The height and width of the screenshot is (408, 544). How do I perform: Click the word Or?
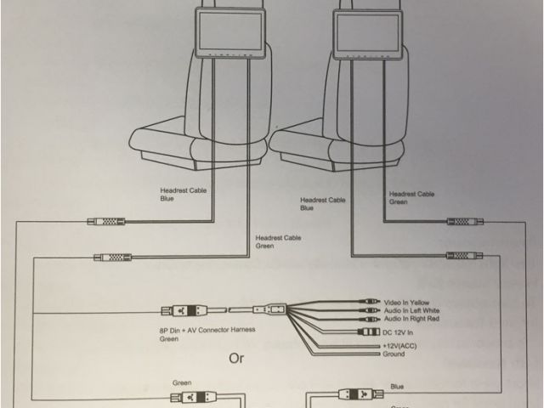point(235,358)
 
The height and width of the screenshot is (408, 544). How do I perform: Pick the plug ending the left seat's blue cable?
point(106,223)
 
